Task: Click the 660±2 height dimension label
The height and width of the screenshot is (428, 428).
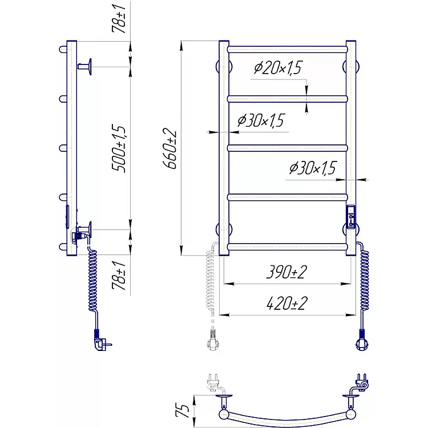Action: (170, 149)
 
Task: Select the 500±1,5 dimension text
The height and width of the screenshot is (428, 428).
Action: (119, 149)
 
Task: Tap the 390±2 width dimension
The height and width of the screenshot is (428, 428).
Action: (286, 272)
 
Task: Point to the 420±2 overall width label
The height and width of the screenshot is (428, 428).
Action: (287, 303)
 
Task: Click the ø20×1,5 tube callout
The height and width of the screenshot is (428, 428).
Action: (278, 68)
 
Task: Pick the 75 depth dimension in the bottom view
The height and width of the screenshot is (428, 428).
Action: (182, 410)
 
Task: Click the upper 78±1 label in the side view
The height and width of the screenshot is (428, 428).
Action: (119, 19)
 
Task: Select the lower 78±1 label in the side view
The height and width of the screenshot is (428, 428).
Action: (119, 275)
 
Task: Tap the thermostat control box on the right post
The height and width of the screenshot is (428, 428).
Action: (351, 217)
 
